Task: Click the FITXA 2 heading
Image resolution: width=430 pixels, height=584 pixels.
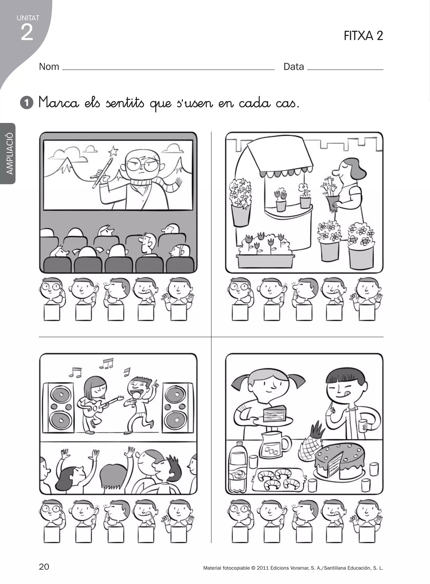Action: (x=363, y=36)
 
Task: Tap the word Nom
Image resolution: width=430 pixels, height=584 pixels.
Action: (x=49, y=67)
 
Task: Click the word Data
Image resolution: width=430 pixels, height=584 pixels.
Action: (x=294, y=67)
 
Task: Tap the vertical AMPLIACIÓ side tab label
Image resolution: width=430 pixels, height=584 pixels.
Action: (x=10, y=153)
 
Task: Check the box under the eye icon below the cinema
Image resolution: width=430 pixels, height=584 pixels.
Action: (x=52, y=312)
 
